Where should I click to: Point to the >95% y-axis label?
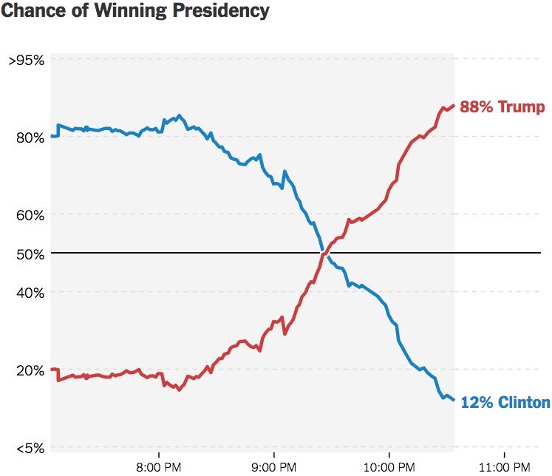click(27, 61)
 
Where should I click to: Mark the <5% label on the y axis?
click(28, 448)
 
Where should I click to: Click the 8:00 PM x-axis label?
click(159, 466)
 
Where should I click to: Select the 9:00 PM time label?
click(274, 466)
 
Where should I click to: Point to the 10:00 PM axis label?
click(389, 466)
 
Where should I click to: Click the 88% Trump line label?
click(502, 107)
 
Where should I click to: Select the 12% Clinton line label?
click(505, 403)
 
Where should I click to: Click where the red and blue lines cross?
click(324, 254)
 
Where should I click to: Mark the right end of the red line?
click(453, 106)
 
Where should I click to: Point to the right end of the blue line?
click(453, 400)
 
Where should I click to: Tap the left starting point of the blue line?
click(52, 136)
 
